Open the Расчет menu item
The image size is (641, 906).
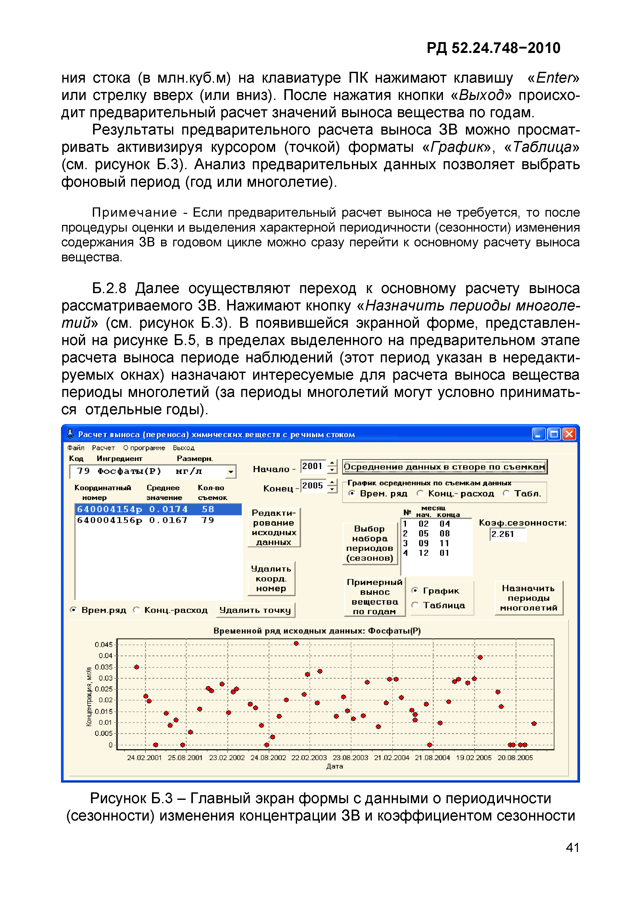click(103, 448)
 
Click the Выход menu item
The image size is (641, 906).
click(183, 448)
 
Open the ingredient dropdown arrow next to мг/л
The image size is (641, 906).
click(230, 472)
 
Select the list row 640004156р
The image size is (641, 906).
click(158, 520)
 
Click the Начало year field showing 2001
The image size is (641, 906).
click(313, 466)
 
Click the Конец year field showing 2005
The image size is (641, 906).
click(313, 486)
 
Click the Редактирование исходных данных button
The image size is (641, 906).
click(274, 528)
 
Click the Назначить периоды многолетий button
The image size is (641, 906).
click(529, 598)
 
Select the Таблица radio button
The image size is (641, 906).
click(415, 605)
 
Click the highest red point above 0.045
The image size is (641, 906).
click(296, 644)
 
